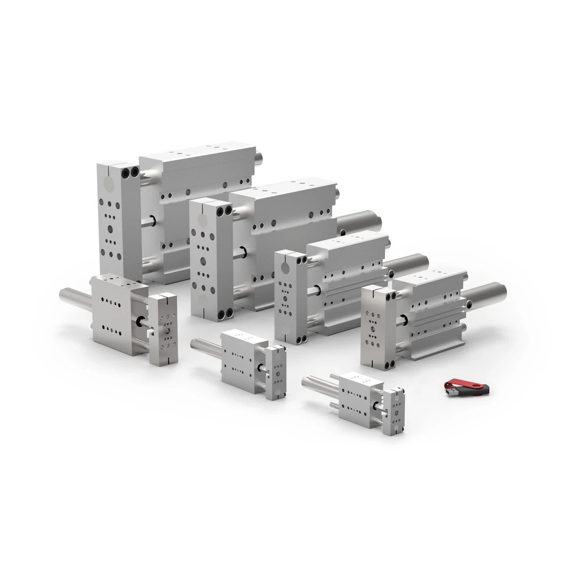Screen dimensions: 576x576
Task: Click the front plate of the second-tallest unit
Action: point(204,256)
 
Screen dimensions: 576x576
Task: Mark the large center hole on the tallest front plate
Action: point(110,229)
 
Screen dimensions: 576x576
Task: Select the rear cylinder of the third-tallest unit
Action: point(408,264)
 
